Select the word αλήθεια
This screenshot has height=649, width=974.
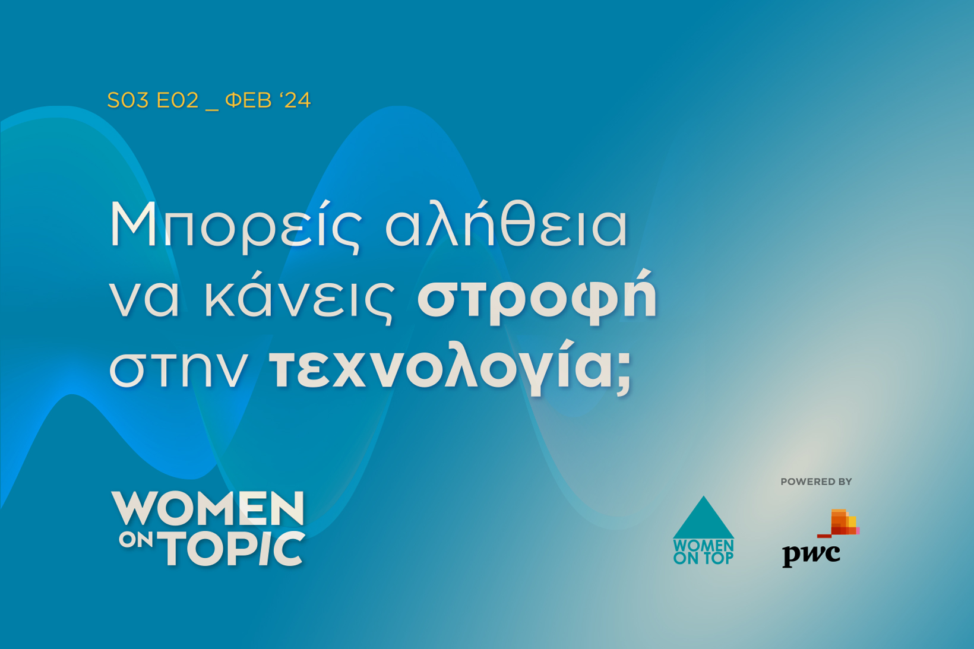tap(506, 223)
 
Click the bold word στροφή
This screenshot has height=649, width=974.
tap(536, 297)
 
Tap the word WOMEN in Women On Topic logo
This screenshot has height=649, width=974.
tap(207, 508)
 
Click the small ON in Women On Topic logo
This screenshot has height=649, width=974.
tap(135, 540)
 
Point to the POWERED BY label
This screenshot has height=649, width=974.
tap(816, 482)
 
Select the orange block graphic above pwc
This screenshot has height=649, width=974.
tap(839, 523)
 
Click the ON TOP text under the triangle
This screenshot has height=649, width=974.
tap(704, 559)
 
